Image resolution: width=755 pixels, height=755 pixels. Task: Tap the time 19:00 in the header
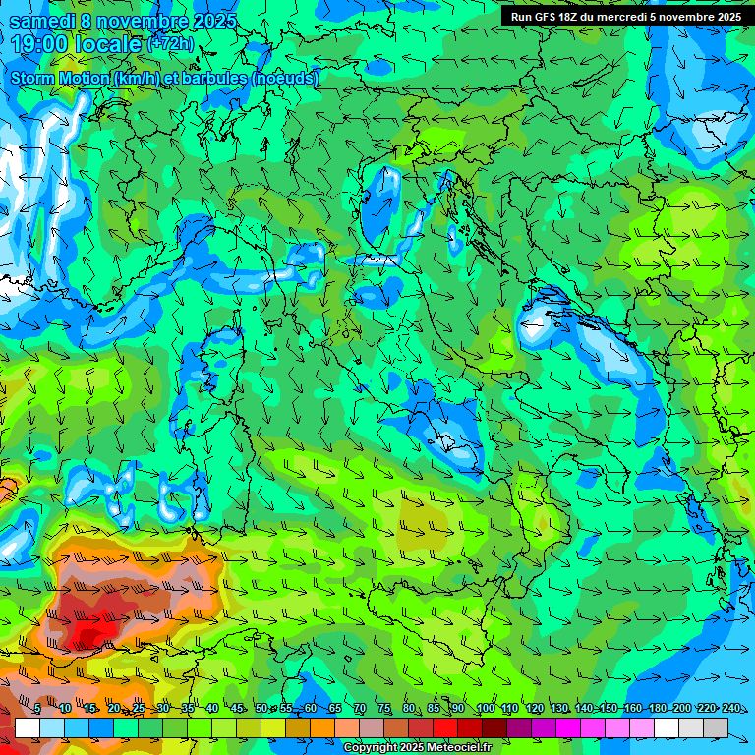tap(36, 44)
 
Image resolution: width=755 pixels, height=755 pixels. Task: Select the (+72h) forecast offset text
tap(171, 45)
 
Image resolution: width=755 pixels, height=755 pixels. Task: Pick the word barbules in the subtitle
tap(214, 78)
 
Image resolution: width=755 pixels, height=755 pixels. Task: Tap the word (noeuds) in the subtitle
tap(285, 78)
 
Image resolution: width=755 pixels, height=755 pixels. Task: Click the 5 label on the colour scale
tap(37, 709)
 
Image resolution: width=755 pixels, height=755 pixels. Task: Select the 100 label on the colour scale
tap(486, 709)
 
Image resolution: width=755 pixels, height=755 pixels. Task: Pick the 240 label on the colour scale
tap(730, 709)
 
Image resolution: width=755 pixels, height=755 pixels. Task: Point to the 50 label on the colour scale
tap(261, 709)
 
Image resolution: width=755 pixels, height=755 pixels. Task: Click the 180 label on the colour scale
tap(657, 709)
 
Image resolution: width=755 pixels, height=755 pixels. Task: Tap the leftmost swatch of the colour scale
tap(27, 727)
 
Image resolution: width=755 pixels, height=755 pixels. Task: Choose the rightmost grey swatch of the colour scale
tap(716, 727)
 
